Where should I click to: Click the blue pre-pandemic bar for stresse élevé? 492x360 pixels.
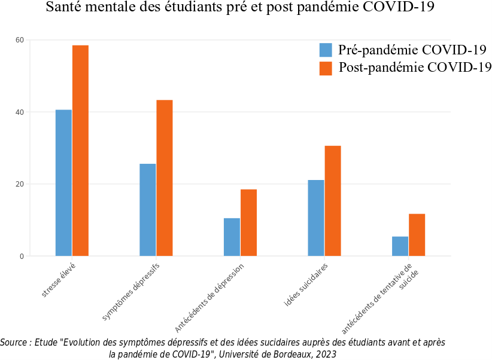click(x=63, y=183)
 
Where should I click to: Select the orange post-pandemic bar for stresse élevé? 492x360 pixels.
click(x=80, y=151)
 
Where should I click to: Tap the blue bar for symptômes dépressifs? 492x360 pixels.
click(x=147, y=210)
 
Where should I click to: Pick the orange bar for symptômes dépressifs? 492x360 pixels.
click(x=165, y=178)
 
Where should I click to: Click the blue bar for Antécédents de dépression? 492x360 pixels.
click(x=232, y=237)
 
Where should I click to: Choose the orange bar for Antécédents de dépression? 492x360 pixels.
click(x=248, y=222)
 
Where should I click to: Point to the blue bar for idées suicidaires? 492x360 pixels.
click(x=316, y=218)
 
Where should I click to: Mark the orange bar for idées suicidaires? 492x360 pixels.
click(x=333, y=201)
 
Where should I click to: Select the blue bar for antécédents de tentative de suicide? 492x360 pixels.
click(x=400, y=246)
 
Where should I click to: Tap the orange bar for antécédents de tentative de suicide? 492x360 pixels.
click(x=417, y=235)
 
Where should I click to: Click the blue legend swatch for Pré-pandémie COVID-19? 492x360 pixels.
click(x=326, y=50)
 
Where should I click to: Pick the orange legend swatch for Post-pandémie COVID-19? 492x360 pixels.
click(x=326, y=68)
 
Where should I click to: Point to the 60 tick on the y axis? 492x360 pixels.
click(x=20, y=40)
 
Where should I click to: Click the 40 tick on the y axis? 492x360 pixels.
click(x=20, y=112)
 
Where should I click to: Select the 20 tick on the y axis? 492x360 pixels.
click(x=20, y=184)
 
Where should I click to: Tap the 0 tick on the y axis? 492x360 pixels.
click(x=22, y=256)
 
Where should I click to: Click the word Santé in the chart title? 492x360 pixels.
click(x=64, y=8)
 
